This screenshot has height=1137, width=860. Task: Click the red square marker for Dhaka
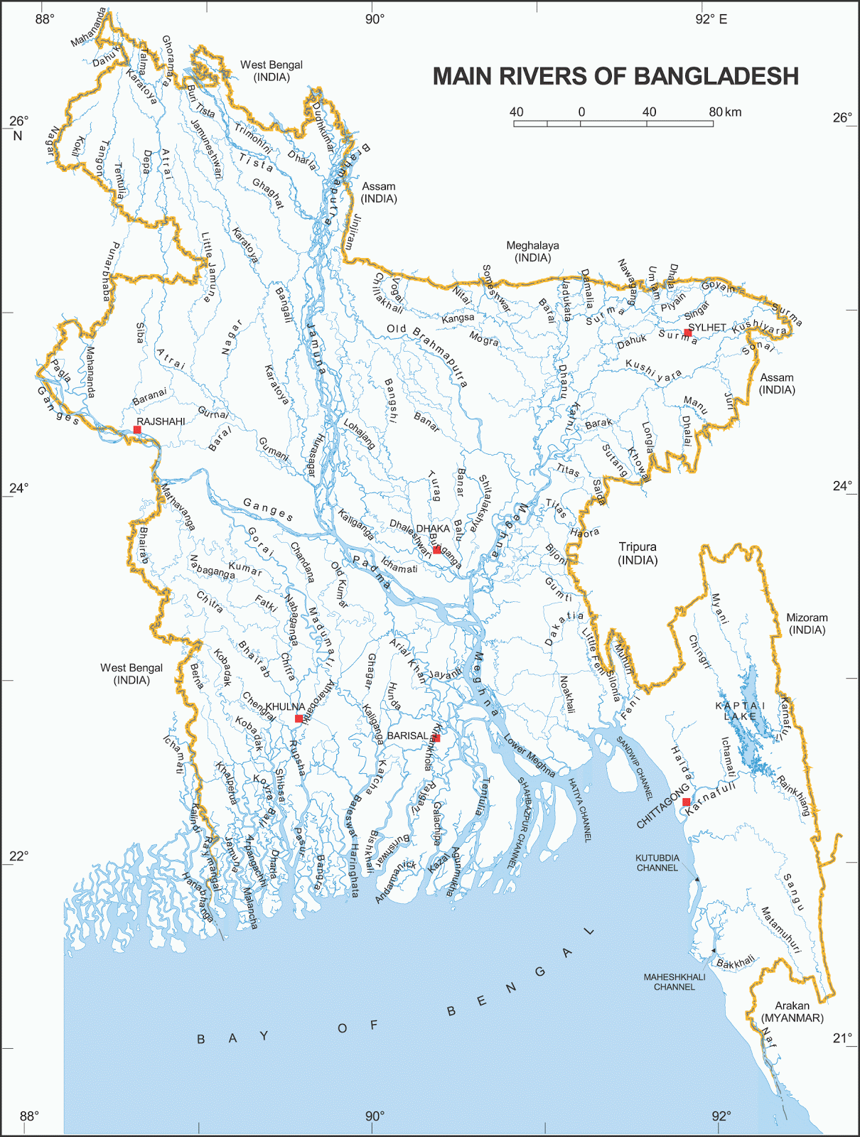click(x=436, y=550)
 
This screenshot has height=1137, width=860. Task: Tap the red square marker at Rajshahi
click(x=137, y=430)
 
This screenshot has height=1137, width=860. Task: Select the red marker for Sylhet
click(x=687, y=333)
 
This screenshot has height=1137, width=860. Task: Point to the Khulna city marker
click(x=299, y=718)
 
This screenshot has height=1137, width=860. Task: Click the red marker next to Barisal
click(x=436, y=738)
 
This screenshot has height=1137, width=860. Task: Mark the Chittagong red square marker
click(x=686, y=802)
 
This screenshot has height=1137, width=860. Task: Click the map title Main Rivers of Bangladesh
click(x=616, y=77)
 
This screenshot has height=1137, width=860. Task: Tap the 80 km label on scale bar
click(x=725, y=112)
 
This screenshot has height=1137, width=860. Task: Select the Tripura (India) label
click(x=638, y=554)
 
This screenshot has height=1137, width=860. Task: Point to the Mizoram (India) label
click(x=807, y=624)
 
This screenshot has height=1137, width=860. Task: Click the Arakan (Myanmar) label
click(x=792, y=1012)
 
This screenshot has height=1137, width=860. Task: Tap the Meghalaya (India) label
click(x=532, y=252)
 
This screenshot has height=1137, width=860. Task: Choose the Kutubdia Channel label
click(x=657, y=863)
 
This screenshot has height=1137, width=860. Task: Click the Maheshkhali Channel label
click(x=674, y=982)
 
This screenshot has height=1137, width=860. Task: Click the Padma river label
click(x=372, y=573)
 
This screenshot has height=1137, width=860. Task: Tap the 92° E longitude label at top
click(x=711, y=19)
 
